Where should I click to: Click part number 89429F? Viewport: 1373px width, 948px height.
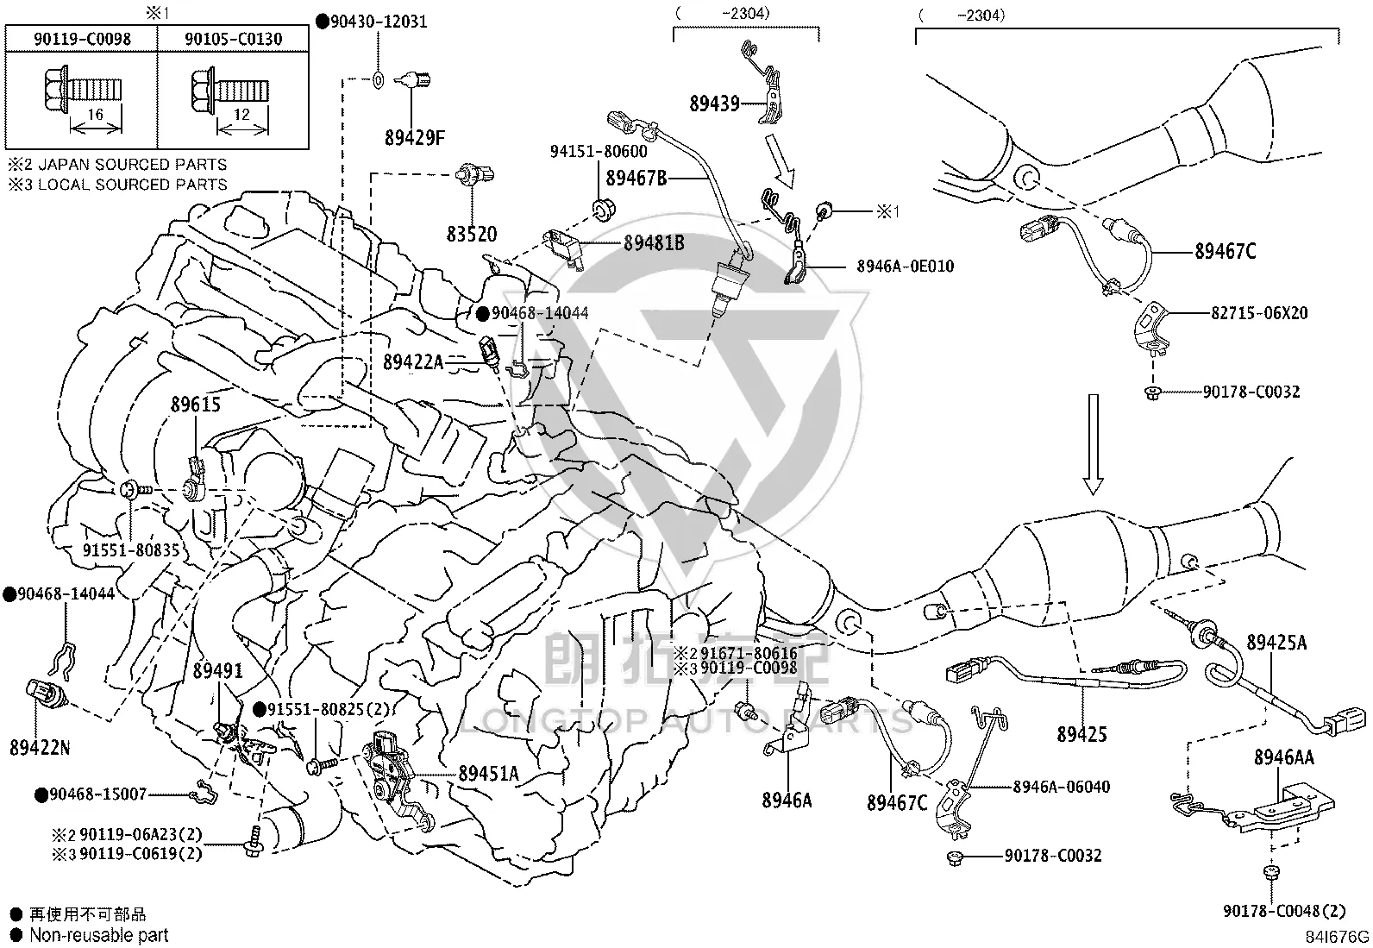coord(414,138)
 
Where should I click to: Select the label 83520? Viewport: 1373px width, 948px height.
coord(472,234)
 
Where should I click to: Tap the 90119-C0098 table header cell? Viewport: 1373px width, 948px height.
coord(82,39)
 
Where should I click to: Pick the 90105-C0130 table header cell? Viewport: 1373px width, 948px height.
coord(234,39)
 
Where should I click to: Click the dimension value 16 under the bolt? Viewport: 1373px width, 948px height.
coord(95,115)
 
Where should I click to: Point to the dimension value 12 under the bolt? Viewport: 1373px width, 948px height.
coord(242,115)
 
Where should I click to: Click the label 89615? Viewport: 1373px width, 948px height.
coord(196,405)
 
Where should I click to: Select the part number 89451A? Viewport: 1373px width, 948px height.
coord(488,774)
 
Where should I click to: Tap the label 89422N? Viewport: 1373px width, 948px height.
coord(40,748)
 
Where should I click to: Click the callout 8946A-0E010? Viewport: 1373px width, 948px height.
coord(906,267)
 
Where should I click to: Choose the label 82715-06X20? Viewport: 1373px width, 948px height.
coord(1259,313)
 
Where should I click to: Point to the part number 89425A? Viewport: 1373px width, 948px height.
coord(1276,642)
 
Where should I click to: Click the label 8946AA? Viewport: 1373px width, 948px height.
coord(1284,757)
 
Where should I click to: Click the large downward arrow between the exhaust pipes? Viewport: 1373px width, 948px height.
coord(1093,444)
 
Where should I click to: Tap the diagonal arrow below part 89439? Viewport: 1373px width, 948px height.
coord(780,160)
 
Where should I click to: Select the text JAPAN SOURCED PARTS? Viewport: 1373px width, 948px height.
coord(133,165)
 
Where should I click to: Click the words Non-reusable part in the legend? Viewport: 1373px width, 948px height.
coord(98,935)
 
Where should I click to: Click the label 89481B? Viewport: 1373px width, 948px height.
coord(654,243)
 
